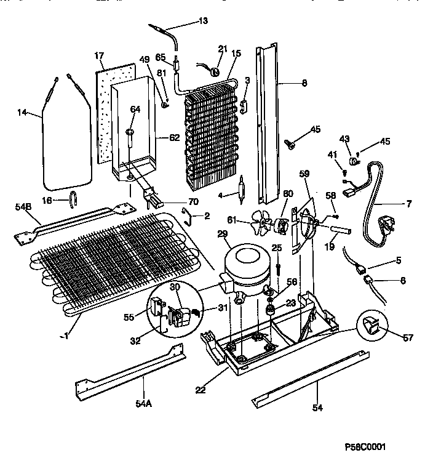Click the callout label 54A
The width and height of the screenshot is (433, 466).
coord(143,404)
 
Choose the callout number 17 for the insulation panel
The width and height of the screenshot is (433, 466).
coord(98,56)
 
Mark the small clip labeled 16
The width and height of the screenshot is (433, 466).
coord(73,199)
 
